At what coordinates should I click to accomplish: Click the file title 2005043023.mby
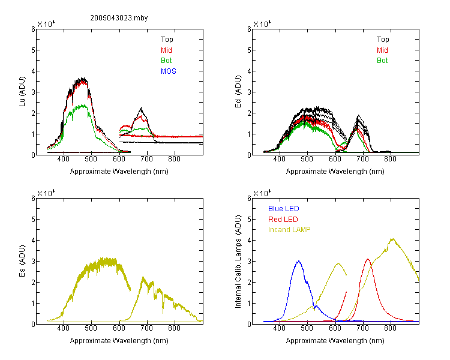pos(119,18)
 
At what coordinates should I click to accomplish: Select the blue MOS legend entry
pos(168,71)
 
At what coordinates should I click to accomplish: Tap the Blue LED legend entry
pos(284,209)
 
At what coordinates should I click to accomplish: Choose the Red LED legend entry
pos(283,220)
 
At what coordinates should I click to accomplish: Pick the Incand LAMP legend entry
pos(289,230)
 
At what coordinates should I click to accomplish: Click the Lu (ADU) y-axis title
pos(22,92)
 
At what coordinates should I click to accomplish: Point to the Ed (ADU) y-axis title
pos(238,92)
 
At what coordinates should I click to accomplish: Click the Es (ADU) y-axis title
pos(22,261)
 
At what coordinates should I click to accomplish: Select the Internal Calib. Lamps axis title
pos(238,261)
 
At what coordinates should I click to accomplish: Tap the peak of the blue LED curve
pos(299,261)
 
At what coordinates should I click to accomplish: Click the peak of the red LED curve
pos(368,259)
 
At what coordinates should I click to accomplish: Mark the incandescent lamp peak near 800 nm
pos(392,239)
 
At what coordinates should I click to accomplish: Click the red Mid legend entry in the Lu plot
pos(166,50)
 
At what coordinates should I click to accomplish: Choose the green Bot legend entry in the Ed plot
pos(382,61)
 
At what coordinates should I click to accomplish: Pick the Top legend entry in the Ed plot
pos(383,40)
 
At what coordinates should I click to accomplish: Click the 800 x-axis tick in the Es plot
pos(174,328)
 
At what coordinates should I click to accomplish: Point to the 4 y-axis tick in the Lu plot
pos(33,71)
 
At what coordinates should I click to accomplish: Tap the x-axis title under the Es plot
pos(119,341)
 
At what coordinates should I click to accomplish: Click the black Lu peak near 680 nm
pos(141,108)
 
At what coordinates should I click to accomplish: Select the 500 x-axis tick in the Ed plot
pos(307,159)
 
